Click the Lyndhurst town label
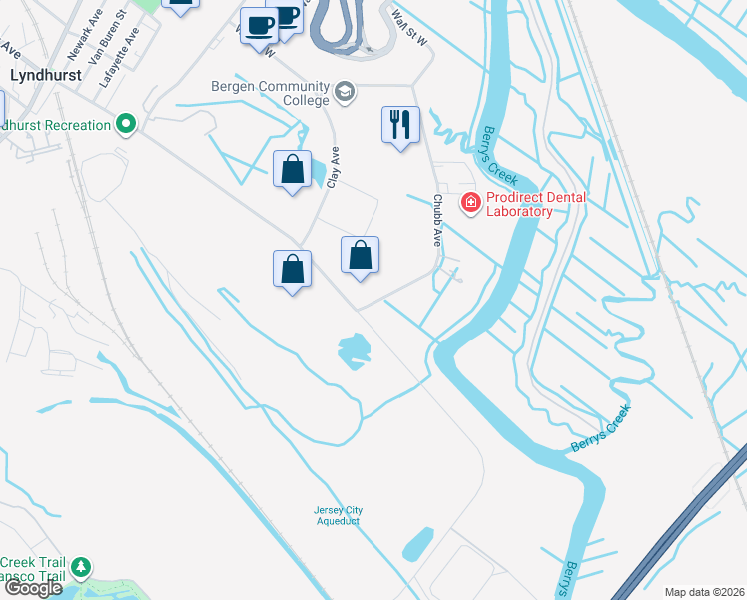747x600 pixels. pyautogui.click(x=44, y=75)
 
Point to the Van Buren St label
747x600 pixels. pyautogui.click(x=107, y=41)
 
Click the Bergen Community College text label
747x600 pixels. pyautogui.click(x=270, y=93)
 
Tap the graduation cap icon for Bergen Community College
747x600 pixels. pyautogui.click(x=345, y=92)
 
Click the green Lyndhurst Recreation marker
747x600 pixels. pyautogui.click(x=126, y=125)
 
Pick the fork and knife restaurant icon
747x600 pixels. pyautogui.click(x=400, y=125)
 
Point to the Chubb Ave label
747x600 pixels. pyautogui.click(x=436, y=221)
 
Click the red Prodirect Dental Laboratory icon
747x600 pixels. pyautogui.click(x=469, y=203)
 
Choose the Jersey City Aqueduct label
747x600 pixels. pyautogui.click(x=336, y=516)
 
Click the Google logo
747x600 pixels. pyautogui.click(x=33, y=588)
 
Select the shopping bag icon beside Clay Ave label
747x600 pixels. pyautogui.click(x=292, y=170)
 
